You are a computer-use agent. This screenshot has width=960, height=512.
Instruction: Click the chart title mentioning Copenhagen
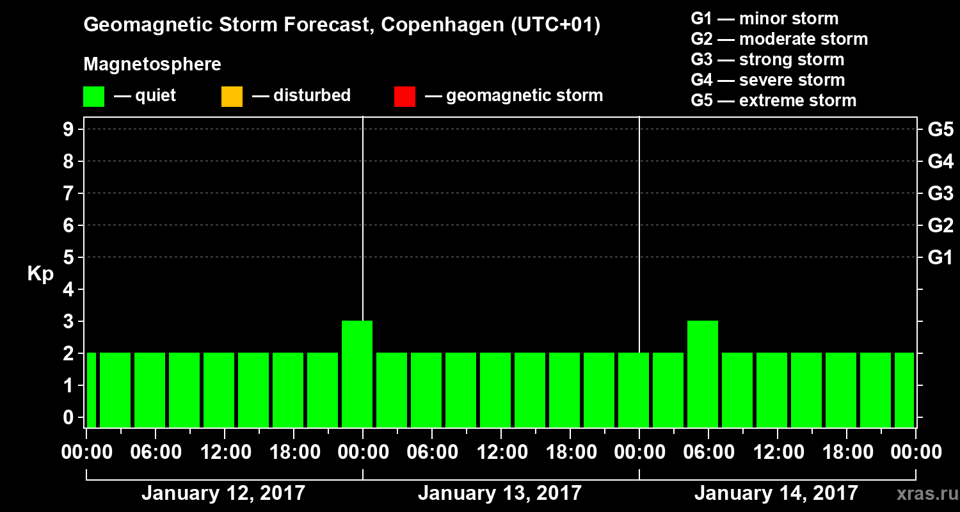[342, 26]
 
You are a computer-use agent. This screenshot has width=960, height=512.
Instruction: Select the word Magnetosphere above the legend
[152, 65]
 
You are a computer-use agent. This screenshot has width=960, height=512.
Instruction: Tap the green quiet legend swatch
[93, 96]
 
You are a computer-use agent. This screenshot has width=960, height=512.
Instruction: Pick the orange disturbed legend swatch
[232, 96]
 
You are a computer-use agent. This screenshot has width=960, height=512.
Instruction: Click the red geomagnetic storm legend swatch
[404, 96]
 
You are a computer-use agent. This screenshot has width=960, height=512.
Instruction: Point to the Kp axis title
[40, 274]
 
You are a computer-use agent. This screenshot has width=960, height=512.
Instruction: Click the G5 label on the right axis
[940, 129]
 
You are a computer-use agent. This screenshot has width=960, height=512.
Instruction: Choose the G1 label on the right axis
[940, 257]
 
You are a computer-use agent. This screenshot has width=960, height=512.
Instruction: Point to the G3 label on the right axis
[940, 193]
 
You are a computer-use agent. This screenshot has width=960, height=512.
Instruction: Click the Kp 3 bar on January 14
[703, 374]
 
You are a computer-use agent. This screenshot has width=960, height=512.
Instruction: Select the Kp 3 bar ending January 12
[357, 374]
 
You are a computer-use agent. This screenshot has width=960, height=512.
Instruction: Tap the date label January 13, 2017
[500, 493]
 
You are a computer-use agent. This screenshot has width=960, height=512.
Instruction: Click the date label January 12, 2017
[223, 493]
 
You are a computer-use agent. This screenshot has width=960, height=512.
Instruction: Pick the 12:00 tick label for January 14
[777, 452]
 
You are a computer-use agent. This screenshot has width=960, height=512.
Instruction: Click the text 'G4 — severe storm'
[767, 80]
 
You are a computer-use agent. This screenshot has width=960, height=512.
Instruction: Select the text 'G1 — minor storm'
[764, 19]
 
